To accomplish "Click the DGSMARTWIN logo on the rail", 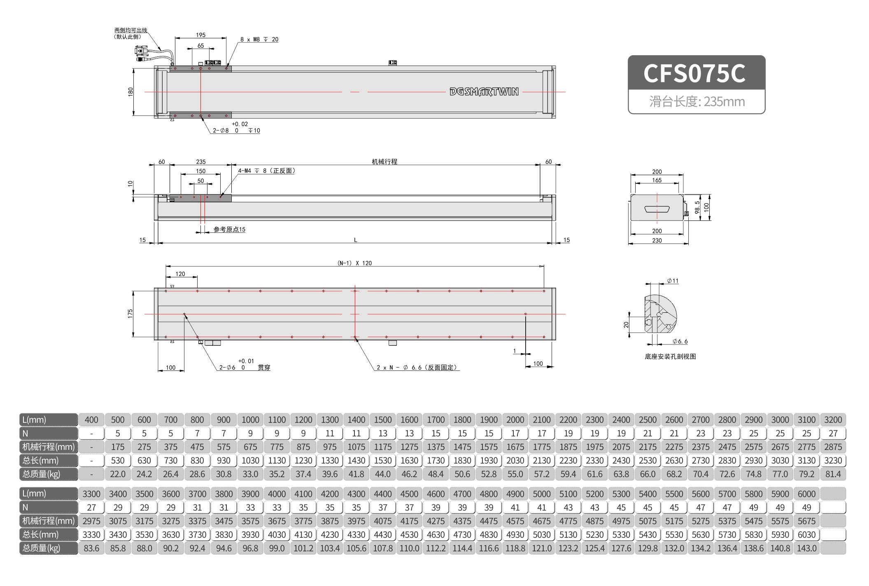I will click(x=484, y=91).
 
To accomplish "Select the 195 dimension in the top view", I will click(x=200, y=35).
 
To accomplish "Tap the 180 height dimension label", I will click(x=130, y=91).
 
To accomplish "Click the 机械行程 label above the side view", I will click(x=384, y=162).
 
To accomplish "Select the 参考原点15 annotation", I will click(x=229, y=230).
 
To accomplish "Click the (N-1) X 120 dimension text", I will click(x=354, y=263).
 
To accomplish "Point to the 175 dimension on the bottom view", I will click(x=130, y=314).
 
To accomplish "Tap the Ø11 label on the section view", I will click(x=673, y=281).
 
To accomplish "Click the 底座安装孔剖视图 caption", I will click(x=670, y=356).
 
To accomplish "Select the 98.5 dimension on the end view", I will click(x=697, y=207).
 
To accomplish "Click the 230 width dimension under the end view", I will click(x=657, y=240).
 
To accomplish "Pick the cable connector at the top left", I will click(x=142, y=52).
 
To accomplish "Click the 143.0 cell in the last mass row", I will click(x=806, y=548).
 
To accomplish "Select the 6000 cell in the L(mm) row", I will click(x=806, y=494).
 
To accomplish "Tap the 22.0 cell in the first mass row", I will click(x=117, y=474).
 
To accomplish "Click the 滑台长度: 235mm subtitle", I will click(x=697, y=101).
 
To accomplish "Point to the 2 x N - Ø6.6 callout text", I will click(x=417, y=367).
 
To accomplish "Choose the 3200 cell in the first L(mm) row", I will click(x=832, y=420).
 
